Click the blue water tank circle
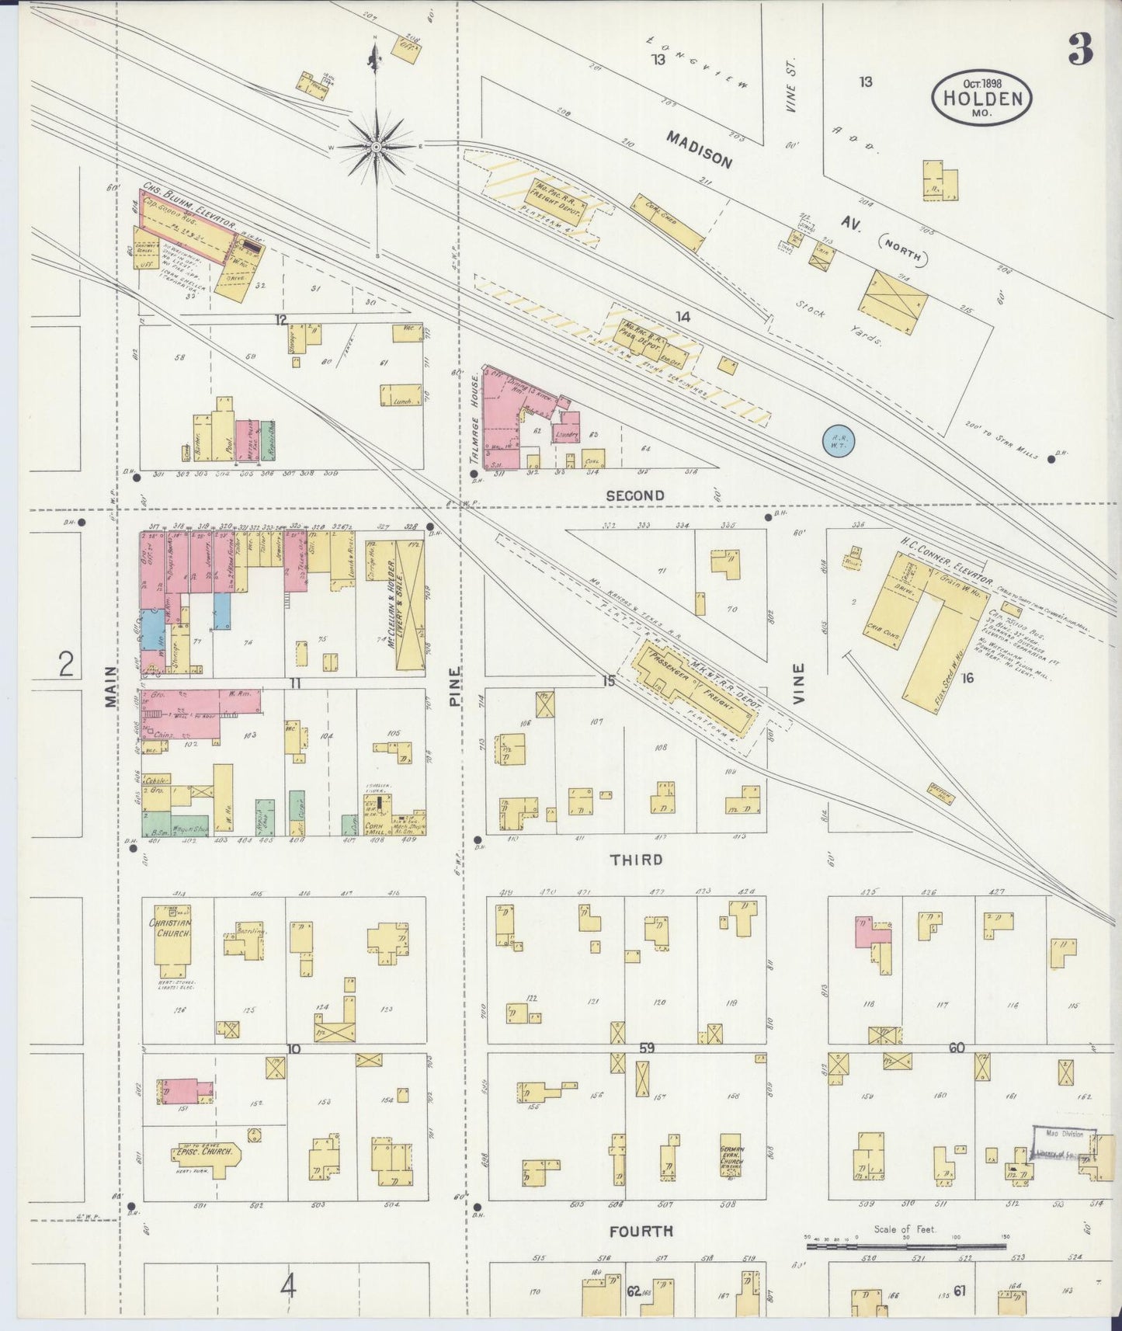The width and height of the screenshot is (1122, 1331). tap(838, 440)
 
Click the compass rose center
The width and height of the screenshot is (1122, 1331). tap(376, 146)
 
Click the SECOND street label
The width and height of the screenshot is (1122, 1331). tap(634, 495)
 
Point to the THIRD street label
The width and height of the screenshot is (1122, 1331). tap(636, 860)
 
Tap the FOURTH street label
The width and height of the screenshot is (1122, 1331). tap(641, 1231)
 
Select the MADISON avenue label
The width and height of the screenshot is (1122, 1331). tap(699, 148)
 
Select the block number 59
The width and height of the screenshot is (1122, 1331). tap(646, 1048)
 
